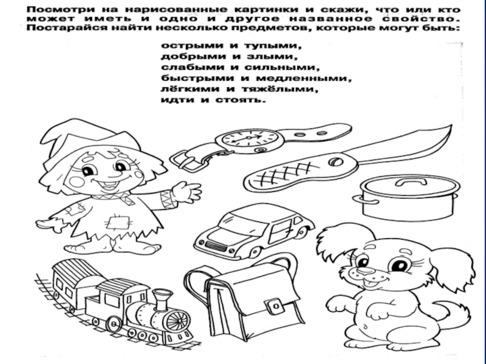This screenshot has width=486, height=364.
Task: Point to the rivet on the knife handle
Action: (x=335, y=162)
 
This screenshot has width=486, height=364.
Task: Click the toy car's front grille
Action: (x=216, y=247)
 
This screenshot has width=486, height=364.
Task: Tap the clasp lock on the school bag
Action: (x=275, y=307)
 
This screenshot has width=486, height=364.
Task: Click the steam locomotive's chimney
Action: (x=162, y=299)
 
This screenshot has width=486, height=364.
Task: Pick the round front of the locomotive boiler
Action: (x=178, y=321)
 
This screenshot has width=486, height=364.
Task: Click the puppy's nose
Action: (x=366, y=270)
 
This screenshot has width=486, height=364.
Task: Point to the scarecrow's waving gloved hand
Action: (x=186, y=192)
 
